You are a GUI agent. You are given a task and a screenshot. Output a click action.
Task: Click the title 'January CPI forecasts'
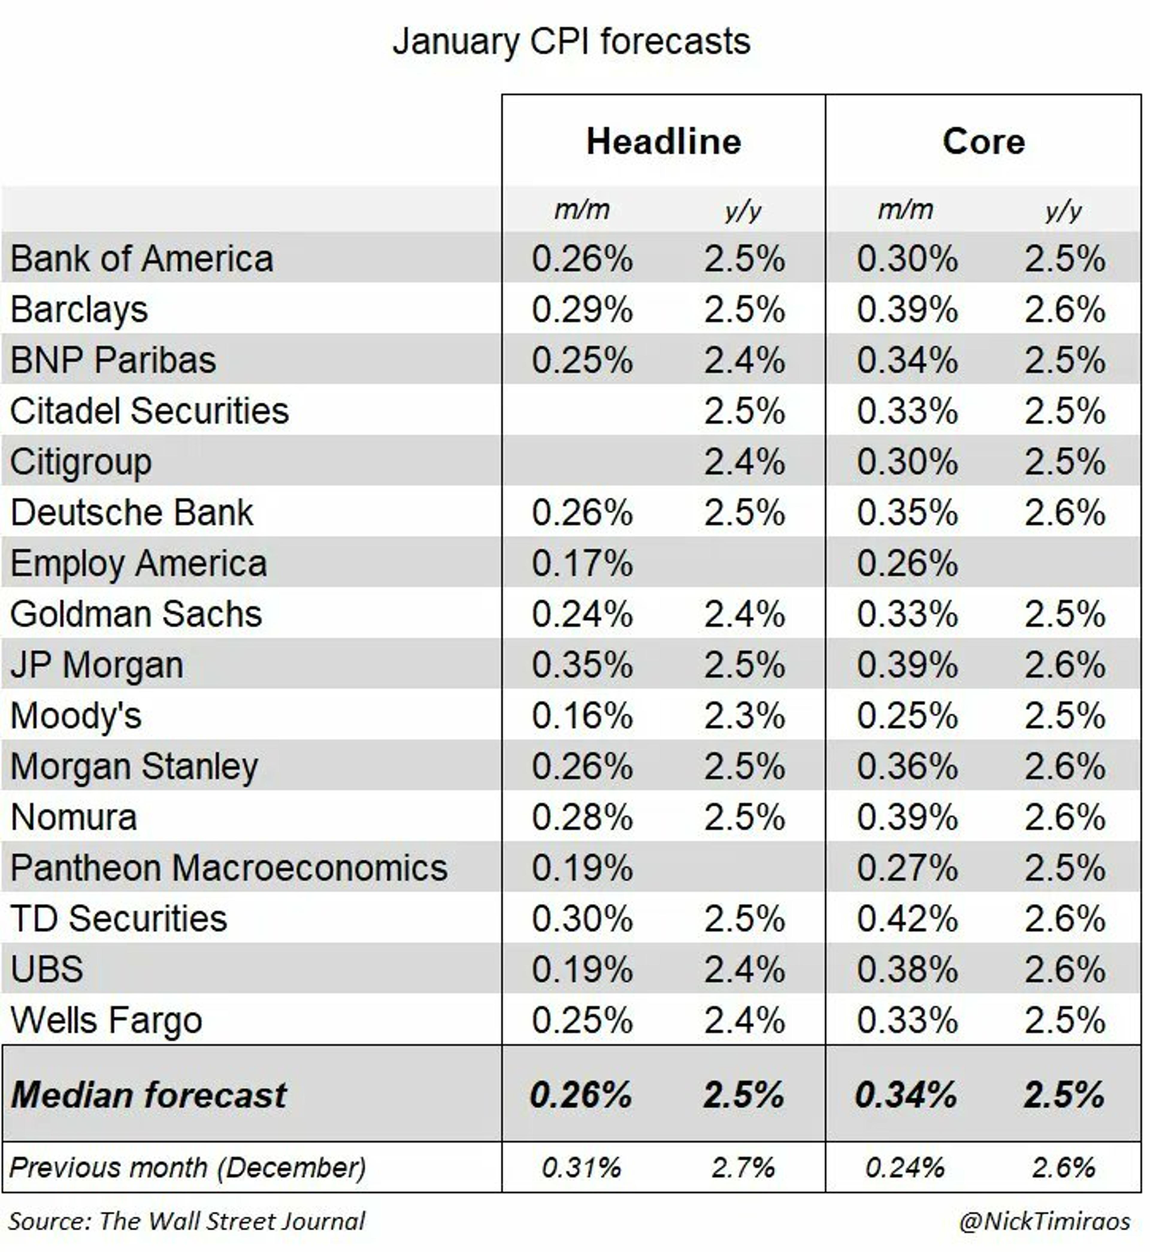tap(571, 42)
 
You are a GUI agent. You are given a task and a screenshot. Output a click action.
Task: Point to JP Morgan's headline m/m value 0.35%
tap(582, 665)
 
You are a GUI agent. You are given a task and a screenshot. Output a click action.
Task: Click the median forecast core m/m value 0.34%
tap(905, 1094)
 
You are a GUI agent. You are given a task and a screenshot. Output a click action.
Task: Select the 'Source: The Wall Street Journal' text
tap(187, 1221)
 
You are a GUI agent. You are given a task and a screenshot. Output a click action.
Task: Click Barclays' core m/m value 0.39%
tap(907, 310)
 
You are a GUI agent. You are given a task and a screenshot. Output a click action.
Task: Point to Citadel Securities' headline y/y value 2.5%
tap(744, 411)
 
